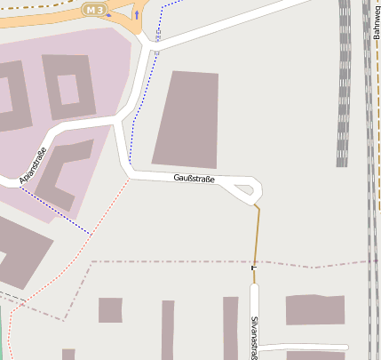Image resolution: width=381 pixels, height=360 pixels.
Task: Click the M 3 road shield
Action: pos(93,9)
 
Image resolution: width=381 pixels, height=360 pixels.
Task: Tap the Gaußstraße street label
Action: pos(194,179)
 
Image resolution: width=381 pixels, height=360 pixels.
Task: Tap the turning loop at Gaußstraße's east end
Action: pos(246,187)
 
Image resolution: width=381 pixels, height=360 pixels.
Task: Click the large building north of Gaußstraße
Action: pos(187,119)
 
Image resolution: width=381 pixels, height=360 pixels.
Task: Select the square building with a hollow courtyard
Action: pos(67,87)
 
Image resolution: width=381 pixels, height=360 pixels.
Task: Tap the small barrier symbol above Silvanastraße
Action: pos(254,267)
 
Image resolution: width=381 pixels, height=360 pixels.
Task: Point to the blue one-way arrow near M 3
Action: pos(137,14)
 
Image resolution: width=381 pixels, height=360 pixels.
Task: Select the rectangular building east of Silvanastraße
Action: pos(314,309)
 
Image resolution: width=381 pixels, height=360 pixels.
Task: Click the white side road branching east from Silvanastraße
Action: pos(302,348)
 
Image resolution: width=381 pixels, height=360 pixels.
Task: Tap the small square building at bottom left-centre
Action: pos(110,310)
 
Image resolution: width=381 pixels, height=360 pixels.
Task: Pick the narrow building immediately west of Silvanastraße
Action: pos(230,327)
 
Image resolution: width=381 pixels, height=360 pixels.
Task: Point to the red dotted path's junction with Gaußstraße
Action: pos(130,177)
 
